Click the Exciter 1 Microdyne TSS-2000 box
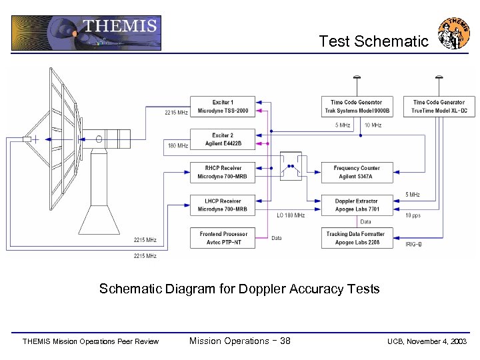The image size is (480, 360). tap(222, 107)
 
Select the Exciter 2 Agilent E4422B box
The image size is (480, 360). tap(222, 139)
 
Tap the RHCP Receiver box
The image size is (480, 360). tap(222, 172)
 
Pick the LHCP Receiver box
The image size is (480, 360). tap(222, 205)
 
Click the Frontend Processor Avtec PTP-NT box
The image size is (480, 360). tap(222, 238)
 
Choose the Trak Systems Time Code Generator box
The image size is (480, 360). tap(357, 107)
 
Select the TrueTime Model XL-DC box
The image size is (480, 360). tap(439, 107)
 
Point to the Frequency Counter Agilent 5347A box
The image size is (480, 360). tap(357, 172)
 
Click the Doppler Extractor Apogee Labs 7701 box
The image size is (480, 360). tap(357, 205)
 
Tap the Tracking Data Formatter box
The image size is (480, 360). tap(357, 238)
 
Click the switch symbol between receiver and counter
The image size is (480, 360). tap(291, 167)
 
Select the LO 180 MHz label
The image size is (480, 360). tap(291, 215)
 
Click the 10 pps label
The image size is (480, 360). tap(413, 215)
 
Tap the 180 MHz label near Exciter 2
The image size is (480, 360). tap(178, 145)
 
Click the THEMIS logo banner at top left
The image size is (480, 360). tap(86, 33)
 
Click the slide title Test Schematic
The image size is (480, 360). tap(373, 41)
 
